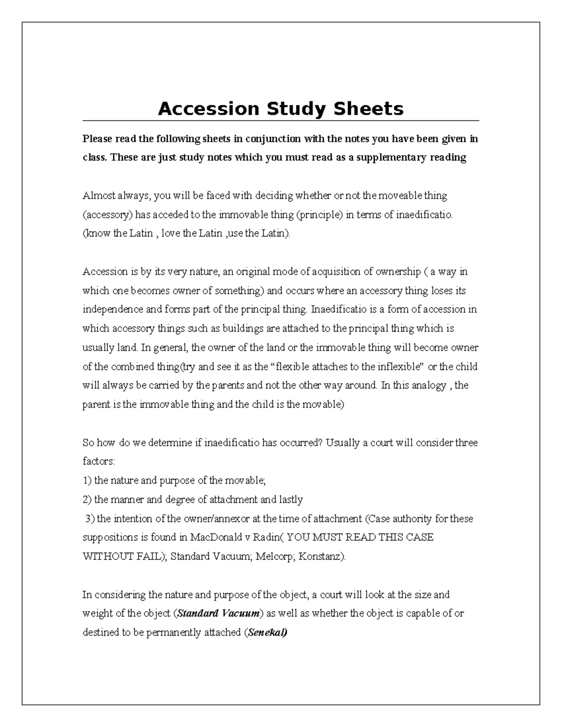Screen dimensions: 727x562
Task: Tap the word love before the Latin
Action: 170,233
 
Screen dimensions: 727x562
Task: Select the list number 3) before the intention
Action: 89,519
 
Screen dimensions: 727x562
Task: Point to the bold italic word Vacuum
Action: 241,613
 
